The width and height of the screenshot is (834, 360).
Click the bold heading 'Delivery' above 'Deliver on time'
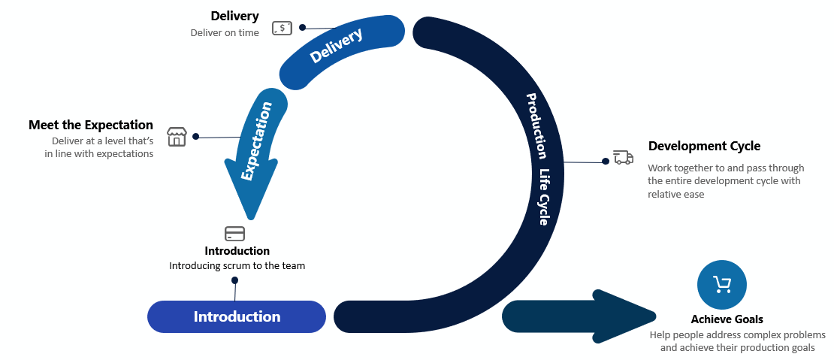point(234,16)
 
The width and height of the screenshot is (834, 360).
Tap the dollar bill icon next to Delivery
point(282,29)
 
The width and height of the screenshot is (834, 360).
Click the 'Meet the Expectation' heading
point(91,125)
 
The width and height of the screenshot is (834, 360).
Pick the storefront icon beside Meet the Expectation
point(176,136)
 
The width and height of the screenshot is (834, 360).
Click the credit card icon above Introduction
point(235,233)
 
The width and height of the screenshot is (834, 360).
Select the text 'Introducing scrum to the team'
point(237,265)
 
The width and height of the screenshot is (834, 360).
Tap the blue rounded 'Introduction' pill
point(237,316)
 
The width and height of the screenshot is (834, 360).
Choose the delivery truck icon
point(623,157)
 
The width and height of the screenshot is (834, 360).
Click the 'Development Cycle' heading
point(704,146)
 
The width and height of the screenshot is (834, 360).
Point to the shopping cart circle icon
point(722,284)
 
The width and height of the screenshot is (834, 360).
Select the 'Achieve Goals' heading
point(727,319)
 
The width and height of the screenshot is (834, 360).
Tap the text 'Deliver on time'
point(225,32)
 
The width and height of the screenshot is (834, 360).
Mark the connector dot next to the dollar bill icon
point(303,28)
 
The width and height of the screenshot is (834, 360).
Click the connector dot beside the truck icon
point(605,161)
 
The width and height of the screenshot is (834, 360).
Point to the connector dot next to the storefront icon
point(196,137)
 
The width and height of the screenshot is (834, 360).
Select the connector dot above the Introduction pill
point(235,280)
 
